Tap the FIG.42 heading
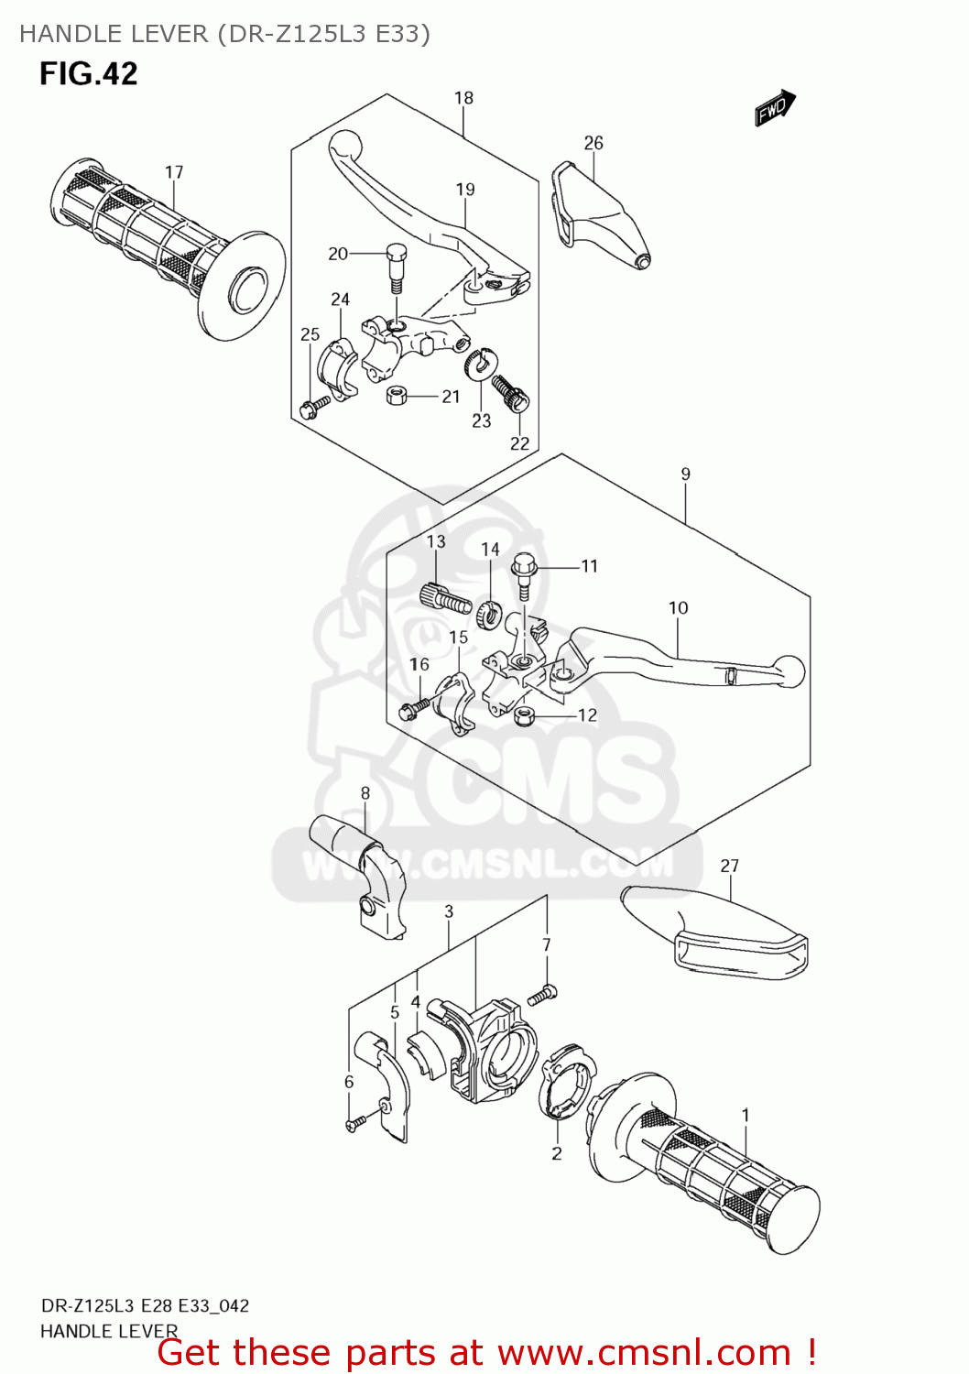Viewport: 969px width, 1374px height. coord(88,73)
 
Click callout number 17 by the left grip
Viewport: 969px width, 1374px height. coord(174,172)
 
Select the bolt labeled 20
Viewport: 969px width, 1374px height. coord(396,265)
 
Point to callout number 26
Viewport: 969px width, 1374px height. coord(593,143)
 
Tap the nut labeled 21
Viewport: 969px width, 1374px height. coord(397,395)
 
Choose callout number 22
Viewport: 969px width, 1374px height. coord(519,443)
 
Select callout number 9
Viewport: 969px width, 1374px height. coord(685,474)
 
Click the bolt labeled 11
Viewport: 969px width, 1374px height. coord(524,573)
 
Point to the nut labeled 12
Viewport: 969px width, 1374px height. coord(525,716)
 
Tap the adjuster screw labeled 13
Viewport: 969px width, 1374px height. coord(445,600)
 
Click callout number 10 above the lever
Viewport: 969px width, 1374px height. coord(678,608)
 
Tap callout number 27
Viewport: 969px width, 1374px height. coord(729,866)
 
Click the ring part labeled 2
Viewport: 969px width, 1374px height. coord(568,1086)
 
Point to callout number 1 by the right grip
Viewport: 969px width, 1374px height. coord(746,1115)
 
